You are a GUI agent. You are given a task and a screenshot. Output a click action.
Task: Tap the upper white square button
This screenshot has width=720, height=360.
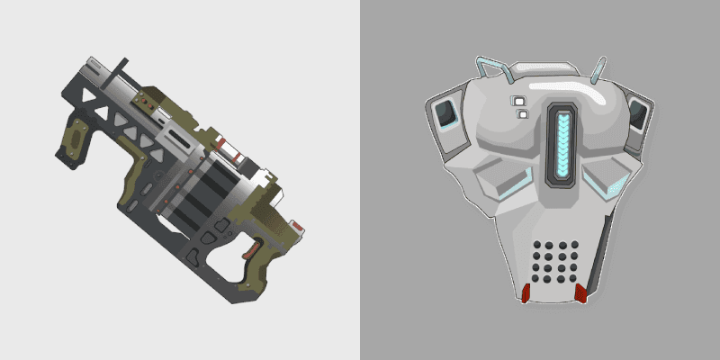[x=517, y=100]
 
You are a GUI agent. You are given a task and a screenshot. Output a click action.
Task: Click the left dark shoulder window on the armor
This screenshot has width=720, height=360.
[x=444, y=115]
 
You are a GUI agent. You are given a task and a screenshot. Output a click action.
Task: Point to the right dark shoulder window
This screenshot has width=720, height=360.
[x=637, y=114]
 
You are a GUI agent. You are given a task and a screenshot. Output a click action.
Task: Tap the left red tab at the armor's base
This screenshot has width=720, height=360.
[x=526, y=293]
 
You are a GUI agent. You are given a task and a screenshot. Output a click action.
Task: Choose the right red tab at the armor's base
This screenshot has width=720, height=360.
[x=581, y=293]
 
